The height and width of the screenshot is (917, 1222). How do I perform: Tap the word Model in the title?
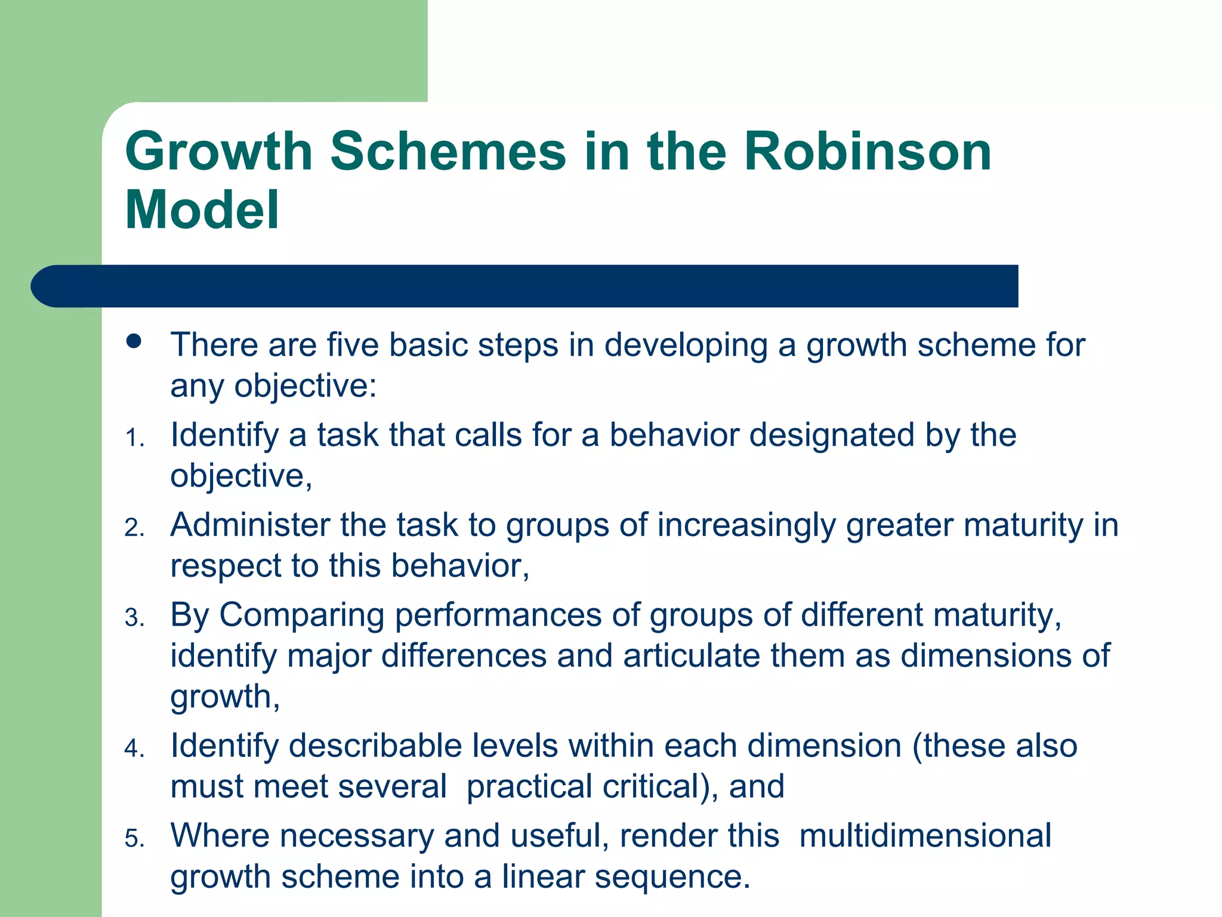[x=202, y=210]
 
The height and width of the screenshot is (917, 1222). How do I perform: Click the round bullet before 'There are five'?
[x=134, y=341]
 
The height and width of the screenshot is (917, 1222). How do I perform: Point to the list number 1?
[x=134, y=439]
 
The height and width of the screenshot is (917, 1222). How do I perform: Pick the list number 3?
[x=134, y=618]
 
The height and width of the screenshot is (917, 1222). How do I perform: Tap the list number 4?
[x=134, y=749]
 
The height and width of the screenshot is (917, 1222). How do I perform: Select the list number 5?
[x=134, y=839]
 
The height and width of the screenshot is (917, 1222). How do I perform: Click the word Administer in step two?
[x=250, y=525]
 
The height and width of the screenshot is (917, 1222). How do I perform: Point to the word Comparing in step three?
[x=301, y=616]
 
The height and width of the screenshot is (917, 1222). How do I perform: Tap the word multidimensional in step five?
[x=925, y=836]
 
